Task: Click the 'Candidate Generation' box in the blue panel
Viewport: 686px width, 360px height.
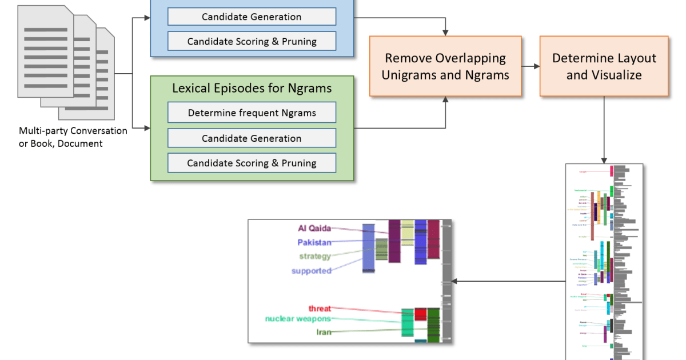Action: [252, 17]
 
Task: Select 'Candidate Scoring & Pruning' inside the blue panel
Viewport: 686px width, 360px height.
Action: [252, 41]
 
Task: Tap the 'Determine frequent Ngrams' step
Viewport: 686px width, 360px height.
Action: [252, 113]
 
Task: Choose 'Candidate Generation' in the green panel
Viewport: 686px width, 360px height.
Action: [252, 138]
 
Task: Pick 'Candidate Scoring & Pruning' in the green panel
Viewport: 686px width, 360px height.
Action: [252, 163]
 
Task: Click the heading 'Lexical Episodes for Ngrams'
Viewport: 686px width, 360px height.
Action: [252, 89]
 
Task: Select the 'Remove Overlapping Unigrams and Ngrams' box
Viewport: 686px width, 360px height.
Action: [445, 66]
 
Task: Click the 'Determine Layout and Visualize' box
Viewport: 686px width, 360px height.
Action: [604, 66]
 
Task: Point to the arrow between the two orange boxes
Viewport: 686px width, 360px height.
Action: [531, 66]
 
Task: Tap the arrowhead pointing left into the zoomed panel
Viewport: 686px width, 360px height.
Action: [455, 281]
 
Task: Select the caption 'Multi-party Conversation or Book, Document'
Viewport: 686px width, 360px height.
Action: [73, 137]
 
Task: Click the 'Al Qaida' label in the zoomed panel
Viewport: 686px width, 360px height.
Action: [314, 228]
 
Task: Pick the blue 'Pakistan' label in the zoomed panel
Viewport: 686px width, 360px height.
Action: [314, 242]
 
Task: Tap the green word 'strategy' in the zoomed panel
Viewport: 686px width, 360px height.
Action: [315, 256]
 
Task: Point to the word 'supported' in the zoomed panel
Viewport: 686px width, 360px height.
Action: [311, 270]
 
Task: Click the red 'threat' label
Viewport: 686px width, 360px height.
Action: [320, 309]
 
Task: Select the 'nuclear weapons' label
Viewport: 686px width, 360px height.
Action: [297, 319]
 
